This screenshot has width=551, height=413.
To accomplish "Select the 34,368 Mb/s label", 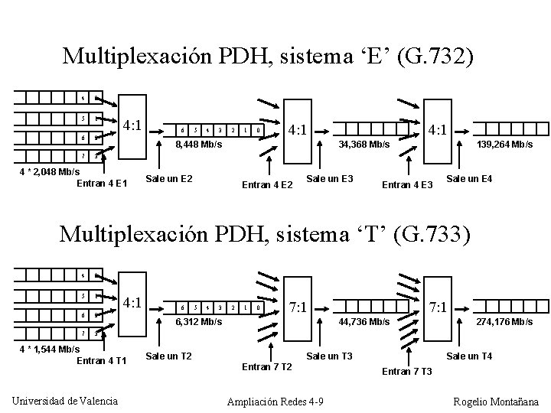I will point(364,144).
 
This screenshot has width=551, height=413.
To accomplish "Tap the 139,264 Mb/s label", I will point(504,144).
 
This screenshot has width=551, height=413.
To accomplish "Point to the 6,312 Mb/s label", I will point(198,322).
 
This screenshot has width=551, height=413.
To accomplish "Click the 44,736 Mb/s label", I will point(364,322).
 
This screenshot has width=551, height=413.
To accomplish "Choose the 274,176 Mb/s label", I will point(504,322).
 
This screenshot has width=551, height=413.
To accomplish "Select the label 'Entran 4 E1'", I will point(103,183).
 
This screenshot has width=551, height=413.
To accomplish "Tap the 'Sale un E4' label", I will point(469,179).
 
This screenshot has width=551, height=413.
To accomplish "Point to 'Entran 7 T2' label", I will point(267,367).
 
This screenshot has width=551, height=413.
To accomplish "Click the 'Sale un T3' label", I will point(329,356).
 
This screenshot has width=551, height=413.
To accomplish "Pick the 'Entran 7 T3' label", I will point(406,372).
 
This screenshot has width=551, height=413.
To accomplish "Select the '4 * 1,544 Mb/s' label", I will point(47,350).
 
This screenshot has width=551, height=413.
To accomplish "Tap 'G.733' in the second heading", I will point(439,233).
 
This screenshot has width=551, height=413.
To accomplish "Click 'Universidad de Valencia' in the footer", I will point(66,401).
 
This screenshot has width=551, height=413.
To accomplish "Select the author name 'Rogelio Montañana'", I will point(495,402).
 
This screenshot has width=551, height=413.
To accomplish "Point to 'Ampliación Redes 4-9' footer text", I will point(275,402).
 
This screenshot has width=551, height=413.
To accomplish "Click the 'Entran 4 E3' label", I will point(407,184).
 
